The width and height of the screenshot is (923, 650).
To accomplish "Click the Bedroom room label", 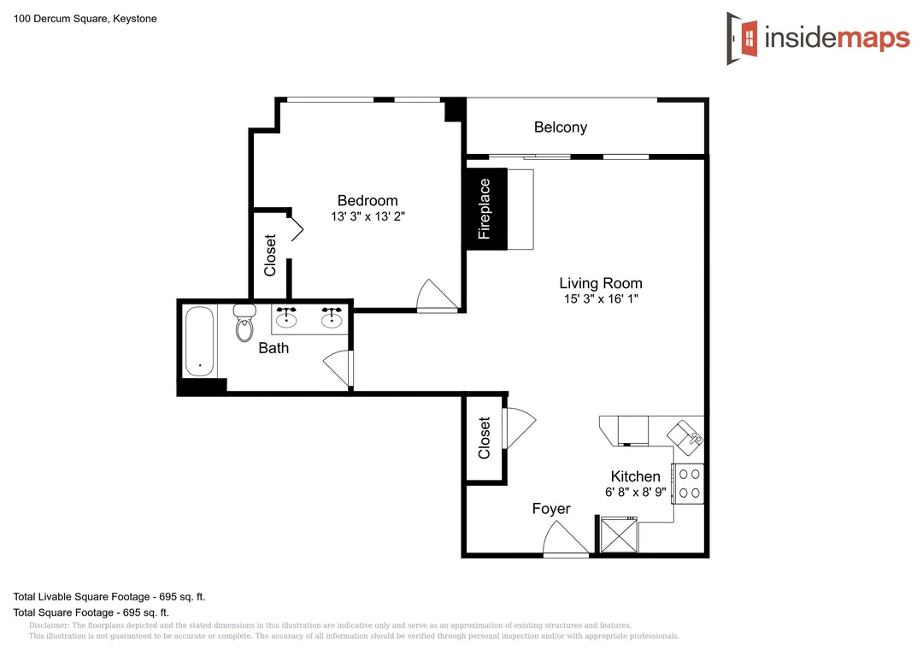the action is click(367, 200).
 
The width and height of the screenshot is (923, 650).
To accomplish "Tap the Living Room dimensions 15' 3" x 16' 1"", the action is click(601, 298).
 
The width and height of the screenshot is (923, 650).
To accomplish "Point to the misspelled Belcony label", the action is click(561, 127).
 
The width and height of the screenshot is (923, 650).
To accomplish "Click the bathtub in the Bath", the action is click(199, 341).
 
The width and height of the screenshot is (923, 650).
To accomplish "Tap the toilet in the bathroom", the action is click(244, 322).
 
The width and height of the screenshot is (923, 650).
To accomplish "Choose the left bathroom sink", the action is click(286, 317).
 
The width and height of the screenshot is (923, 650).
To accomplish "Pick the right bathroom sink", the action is click(332, 317).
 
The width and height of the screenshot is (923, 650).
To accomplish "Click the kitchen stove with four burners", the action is click(690, 484).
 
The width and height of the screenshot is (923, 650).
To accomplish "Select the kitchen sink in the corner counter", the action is click(685, 437).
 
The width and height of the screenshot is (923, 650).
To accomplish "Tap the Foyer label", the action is click(551, 509).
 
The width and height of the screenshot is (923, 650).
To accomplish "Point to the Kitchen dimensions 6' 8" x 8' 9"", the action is click(636, 492).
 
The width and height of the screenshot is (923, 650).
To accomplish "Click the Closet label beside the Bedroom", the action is click(270, 255).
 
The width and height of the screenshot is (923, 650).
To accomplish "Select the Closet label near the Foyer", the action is click(485, 438).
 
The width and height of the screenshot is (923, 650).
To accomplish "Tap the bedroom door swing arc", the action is click(437, 295).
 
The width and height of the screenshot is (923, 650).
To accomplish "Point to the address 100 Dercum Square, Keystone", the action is click(85, 19).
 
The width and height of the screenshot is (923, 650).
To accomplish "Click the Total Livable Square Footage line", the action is click(109, 597).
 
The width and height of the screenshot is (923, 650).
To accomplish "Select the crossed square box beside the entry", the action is click(619, 535).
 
